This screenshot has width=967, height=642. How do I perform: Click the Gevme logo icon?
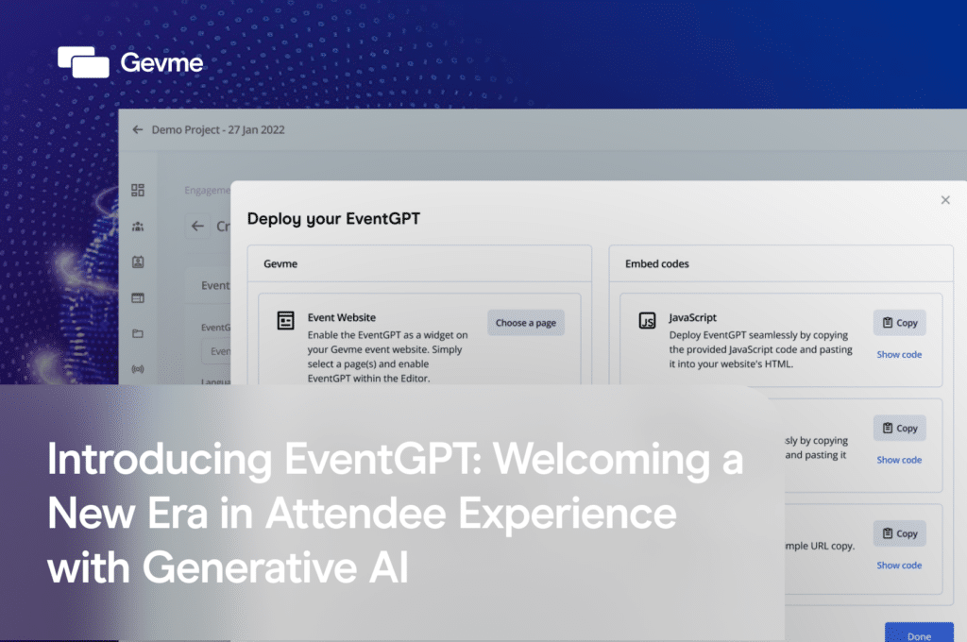coord(83,62)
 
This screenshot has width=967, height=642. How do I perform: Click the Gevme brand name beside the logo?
coord(161,63)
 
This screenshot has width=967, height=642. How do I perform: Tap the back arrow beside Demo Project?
coord(138,129)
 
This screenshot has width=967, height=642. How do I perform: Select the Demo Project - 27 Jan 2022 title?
coord(218,129)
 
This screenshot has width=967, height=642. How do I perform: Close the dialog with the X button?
coord(945,200)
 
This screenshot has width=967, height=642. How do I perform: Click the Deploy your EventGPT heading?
coord(333,219)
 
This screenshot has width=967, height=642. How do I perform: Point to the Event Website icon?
coord(285,321)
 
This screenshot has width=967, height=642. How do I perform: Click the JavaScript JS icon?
coord(648,321)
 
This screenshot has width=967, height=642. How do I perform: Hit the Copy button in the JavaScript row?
coord(899,323)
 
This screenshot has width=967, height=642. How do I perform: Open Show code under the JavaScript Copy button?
coord(899,354)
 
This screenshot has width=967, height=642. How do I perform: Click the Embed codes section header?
coord(657,264)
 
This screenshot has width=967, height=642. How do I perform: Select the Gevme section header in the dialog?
coord(280,264)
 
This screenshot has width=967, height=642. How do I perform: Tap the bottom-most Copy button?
coord(899,533)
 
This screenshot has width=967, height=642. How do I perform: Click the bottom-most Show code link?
coord(899,566)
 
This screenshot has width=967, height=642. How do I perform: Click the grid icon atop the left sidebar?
coord(138,191)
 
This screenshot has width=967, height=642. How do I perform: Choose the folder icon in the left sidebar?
coord(138,333)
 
